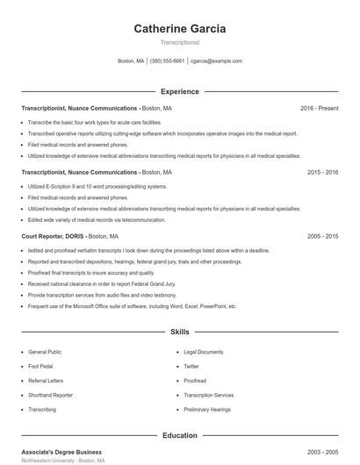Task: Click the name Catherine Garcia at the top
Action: [179, 28]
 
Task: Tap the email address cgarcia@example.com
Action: [216, 61]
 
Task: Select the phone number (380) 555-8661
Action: [167, 61]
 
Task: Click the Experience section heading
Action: [179, 91]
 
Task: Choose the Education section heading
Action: [179, 435]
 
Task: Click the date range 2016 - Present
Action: [319, 108]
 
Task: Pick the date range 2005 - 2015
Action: [322, 237]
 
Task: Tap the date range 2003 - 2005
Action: [322, 451]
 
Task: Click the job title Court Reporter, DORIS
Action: [52, 237]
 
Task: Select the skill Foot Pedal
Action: [41, 366]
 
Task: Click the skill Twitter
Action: [191, 366]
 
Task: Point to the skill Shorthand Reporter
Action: [51, 395]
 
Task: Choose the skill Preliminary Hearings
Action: [207, 409]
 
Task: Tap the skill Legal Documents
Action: [203, 352]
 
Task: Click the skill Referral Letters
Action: [46, 381]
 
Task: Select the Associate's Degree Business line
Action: [61, 451]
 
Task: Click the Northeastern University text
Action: [47, 461]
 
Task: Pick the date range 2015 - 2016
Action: [322, 173]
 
